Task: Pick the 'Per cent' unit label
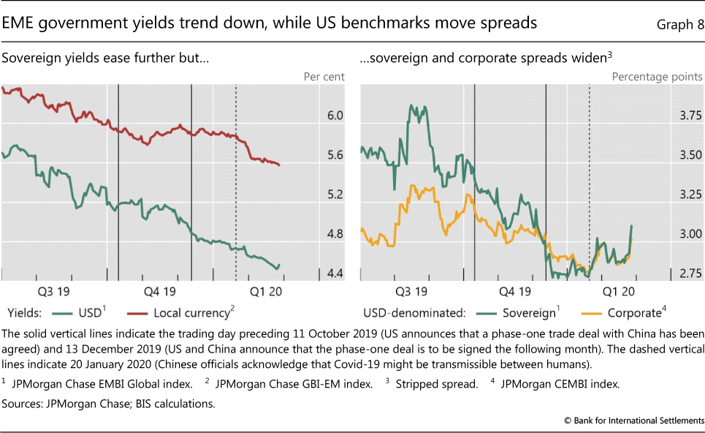coord(323,76)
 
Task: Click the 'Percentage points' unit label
coord(657,76)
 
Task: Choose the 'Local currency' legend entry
coord(191,313)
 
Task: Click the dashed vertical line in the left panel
coord(236,183)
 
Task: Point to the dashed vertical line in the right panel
coord(590,183)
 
